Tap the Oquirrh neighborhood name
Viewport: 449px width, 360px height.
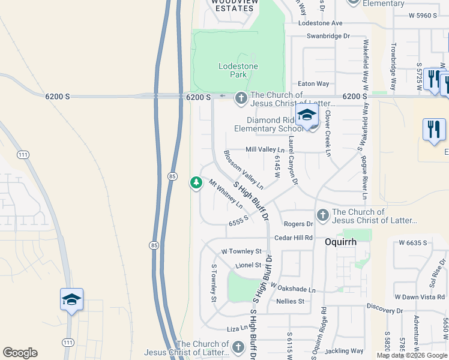pyautogui.click(x=340, y=242)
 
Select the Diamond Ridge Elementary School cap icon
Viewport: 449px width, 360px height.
pyautogui.click(x=307, y=115)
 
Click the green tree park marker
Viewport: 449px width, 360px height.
pyautogui.click(x=196, y=182)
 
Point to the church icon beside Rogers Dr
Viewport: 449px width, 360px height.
pyautogui.click(x=323, y=215)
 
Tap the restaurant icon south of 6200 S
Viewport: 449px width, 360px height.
pyautogui.click(x=434, y=130)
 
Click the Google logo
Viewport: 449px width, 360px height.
pyautogui.click(x=20, y=353)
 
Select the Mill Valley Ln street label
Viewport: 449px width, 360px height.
pyautogui.click(x=265, y=149)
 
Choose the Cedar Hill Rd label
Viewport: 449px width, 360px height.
pyautogui.click(x=294, y=238)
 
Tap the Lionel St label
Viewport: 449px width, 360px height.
pyautogui.click(x=249, y=265)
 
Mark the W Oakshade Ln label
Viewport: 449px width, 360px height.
pyautogui.click(x=292, y=289)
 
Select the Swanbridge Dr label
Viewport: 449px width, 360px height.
pyautogui.click(x=328, y=36)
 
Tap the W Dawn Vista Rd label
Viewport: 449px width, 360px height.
pyautogui.click(x=420, y=297)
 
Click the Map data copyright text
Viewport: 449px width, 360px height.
pyautogui.click(x=412, y=355)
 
